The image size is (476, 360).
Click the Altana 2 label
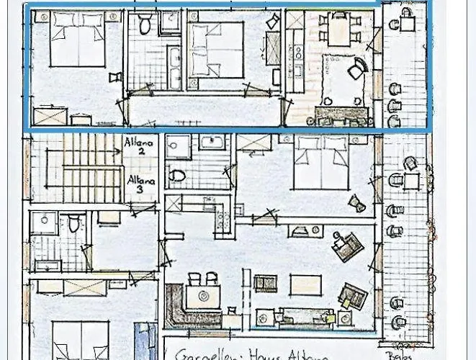(139, 148)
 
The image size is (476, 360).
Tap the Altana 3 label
(140, 184)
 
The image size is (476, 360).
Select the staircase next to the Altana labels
(79, 173)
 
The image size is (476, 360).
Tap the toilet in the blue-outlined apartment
(145, 25)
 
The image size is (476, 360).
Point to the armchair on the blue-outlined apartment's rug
(357, 70)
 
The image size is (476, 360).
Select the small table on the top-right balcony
(408, 23)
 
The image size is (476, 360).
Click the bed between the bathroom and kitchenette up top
(216, 48)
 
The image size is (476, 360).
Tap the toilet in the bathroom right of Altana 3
(178, 175)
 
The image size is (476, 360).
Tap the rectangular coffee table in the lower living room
(306, 285)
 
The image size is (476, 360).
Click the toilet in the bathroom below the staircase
(74, 224)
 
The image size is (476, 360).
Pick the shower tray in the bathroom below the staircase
(44, 223)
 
